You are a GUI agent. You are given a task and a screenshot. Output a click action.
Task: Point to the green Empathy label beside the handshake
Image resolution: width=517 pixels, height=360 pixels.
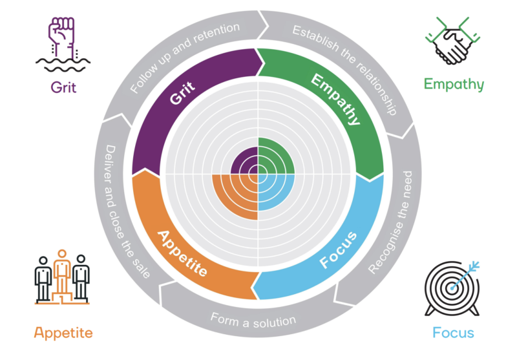tap(453, 84)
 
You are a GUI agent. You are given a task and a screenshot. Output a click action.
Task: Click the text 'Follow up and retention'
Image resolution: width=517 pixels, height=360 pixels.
tap(184, 57)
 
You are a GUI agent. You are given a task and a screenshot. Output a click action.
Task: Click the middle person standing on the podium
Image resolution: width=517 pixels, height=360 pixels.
tap(62, 268)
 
